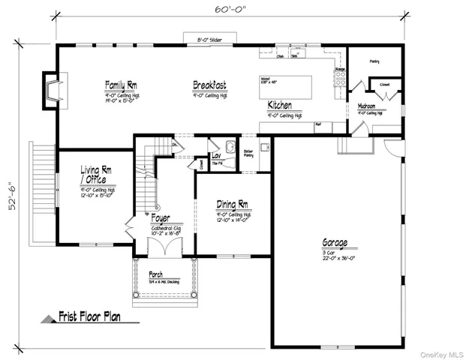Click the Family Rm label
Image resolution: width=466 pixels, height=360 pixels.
coord(120,85)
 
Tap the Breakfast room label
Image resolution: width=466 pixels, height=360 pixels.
coord(209,86)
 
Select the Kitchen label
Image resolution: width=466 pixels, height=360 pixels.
coord(280,106)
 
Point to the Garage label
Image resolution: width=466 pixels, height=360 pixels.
coord(335,243)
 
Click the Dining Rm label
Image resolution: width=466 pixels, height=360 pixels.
coord(233,204)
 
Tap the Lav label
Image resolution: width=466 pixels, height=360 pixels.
coord(216,155)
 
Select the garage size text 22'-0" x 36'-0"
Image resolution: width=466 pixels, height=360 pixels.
coord(335,257)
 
